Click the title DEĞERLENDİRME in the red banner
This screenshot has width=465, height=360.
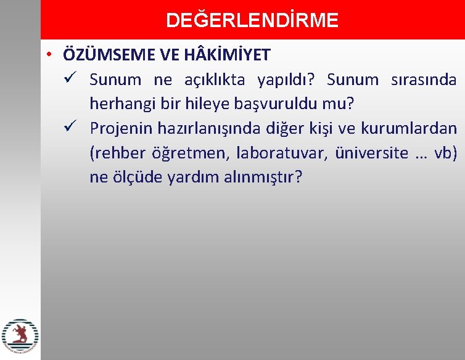(x=252, y=20)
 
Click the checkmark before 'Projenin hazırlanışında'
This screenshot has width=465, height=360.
(x=69, y=128)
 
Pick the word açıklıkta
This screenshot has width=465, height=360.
(x=215, y=80)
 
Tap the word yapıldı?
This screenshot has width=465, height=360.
(x=286, y=80)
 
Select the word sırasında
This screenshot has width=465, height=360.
(x=424, y=80)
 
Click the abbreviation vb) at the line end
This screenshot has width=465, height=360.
(x=445, y=153)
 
